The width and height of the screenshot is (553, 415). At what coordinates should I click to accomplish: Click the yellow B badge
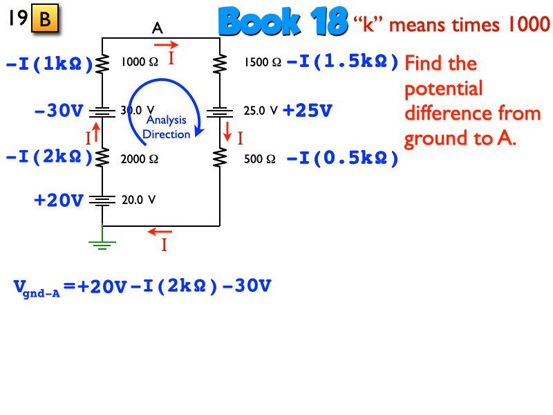[x=45, y=20]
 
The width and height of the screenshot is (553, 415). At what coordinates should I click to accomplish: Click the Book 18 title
[x=282, y=22]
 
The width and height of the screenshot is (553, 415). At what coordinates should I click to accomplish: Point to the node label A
[x=158, y=28]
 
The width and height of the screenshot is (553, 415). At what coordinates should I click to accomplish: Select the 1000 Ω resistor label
[x=140, y=63]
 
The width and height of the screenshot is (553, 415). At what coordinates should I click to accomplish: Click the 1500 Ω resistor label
[x=262, y=63]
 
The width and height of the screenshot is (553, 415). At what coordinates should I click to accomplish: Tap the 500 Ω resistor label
[x=260, y=159]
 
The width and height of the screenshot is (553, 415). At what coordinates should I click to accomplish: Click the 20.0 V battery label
[x=138, y=200]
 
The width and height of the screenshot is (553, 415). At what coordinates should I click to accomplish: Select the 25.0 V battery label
[x=261, y=110]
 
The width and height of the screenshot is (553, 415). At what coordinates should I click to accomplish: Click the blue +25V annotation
[x=308, y=110]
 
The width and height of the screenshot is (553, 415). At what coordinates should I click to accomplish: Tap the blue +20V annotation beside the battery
[x=59, y=201]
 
